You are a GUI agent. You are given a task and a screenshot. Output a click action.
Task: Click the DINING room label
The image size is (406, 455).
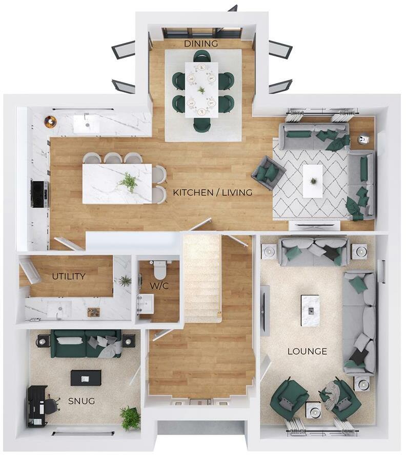pyautogui.click(x=201, y=44)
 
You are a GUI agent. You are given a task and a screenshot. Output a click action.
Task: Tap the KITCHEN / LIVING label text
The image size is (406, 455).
pyautogui.click(x=213, y=192)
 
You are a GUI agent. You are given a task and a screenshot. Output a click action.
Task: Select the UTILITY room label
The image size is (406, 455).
pyautogui.click(x=68, y=276)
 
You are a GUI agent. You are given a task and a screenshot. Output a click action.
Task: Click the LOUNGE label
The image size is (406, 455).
pyautogui.click(x=307, y=352)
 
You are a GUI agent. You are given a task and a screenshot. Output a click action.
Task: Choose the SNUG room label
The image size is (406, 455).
pyautogui.click(x=82, y=401)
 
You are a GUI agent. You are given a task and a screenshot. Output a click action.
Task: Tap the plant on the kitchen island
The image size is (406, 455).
pyautogui.click(x=128, y=181)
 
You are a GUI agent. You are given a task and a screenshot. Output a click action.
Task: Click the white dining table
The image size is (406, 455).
pyautogui.click(x=201, y=90)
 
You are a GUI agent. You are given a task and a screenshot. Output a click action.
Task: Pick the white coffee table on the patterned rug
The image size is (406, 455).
pyautogui.click(x=313, y=181)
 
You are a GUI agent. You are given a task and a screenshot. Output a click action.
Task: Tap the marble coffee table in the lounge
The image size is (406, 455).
pyautogui.click(x=310, y=310)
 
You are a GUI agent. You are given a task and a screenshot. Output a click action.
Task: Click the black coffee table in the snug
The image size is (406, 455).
pyautogui.click(x=86, y=378)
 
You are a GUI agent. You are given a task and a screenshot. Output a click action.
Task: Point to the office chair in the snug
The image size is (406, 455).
pyautogui.click(x=50, y=405)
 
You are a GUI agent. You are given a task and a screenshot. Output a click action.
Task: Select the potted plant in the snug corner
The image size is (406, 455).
pyautogui.click(x=130, y=417)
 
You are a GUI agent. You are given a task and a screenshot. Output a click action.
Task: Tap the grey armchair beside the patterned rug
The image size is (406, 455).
pyautogui.click(x=268, y=173)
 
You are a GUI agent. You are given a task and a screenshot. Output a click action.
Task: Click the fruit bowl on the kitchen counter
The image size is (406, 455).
pyautogui.click(x=50, y=121)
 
